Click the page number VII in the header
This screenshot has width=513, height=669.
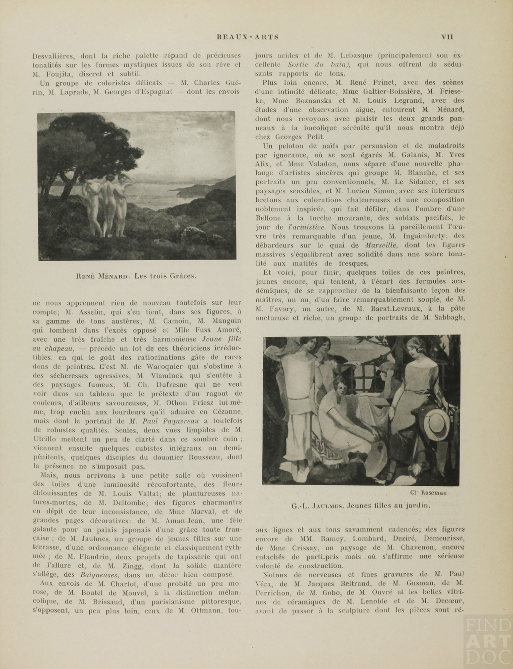tap(447, 37)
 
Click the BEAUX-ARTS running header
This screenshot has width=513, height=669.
tap(247, 37)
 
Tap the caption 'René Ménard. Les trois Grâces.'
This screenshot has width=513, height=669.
tap(136, 276)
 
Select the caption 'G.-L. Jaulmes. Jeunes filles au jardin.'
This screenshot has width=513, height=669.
tap(360, 505)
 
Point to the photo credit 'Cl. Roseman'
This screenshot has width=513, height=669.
tap(428, 493)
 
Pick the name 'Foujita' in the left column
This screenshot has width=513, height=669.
tap(61, 74)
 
